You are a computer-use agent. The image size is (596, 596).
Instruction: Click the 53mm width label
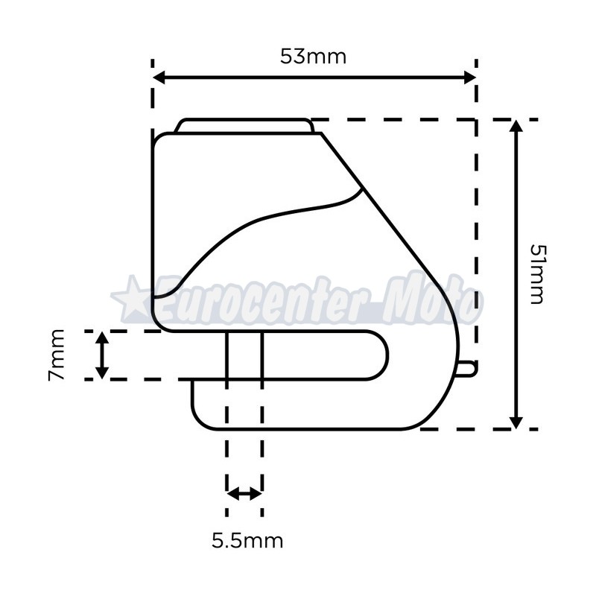(x=313, y=57)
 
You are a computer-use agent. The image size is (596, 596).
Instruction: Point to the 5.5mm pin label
(x=247, y=540)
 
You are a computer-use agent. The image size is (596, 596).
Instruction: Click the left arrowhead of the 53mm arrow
(x=159, y=77)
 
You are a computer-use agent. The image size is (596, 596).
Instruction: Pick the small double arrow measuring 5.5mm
(x=244, y=493)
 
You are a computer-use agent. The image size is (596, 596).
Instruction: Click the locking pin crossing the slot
(x=244, y=355)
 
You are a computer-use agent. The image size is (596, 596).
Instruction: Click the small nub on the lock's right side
(x=466, y=368)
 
